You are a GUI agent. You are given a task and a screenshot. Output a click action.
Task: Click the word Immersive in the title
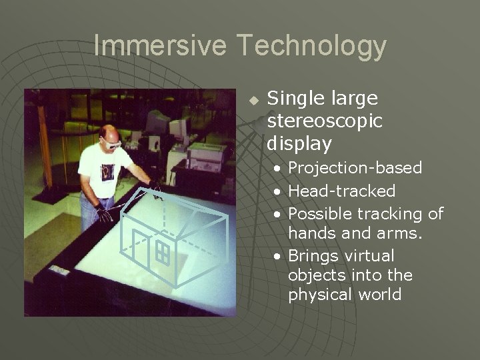[x=162, y=45]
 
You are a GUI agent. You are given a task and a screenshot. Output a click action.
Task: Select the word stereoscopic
[x=325, y=121]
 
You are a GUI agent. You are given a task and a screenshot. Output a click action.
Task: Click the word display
[x=299, y=143]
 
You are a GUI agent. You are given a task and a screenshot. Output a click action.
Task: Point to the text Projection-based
[x=355, y=167]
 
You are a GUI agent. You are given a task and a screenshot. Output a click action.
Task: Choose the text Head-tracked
[x=341, y=191]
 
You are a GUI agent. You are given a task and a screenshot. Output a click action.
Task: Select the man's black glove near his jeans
[x=103, y=214]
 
